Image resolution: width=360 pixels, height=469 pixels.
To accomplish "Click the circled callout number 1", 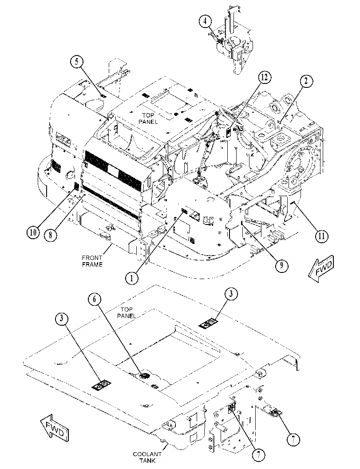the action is (x=131, y=278).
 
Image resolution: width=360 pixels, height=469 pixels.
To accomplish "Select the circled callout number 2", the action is (x=306, y=82).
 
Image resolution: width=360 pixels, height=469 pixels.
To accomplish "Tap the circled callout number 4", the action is (x=206, y=22).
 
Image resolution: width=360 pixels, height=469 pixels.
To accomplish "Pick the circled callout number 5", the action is (x=77, y=62).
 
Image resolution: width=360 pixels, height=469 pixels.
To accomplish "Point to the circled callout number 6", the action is (x=95, y=300).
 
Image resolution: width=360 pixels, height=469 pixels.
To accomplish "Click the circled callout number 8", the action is (x=50, y=235).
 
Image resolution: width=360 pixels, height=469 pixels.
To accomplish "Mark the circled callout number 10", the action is (x=33, y=232).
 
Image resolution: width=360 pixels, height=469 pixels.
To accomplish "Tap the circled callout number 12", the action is (x=265, y=77).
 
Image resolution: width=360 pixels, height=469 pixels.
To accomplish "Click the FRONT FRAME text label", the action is (x=92, y=261).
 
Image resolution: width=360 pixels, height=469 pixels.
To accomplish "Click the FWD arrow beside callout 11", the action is (x=321, y=268).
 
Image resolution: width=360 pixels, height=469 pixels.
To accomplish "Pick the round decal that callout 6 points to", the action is (x=145, y=376).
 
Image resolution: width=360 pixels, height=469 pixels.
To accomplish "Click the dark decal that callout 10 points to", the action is (x=76, y=187).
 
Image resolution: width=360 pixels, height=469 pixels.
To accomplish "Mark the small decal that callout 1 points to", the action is (x=184, y=212).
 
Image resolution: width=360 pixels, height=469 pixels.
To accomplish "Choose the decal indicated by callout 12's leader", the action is (x=228, y=132).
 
